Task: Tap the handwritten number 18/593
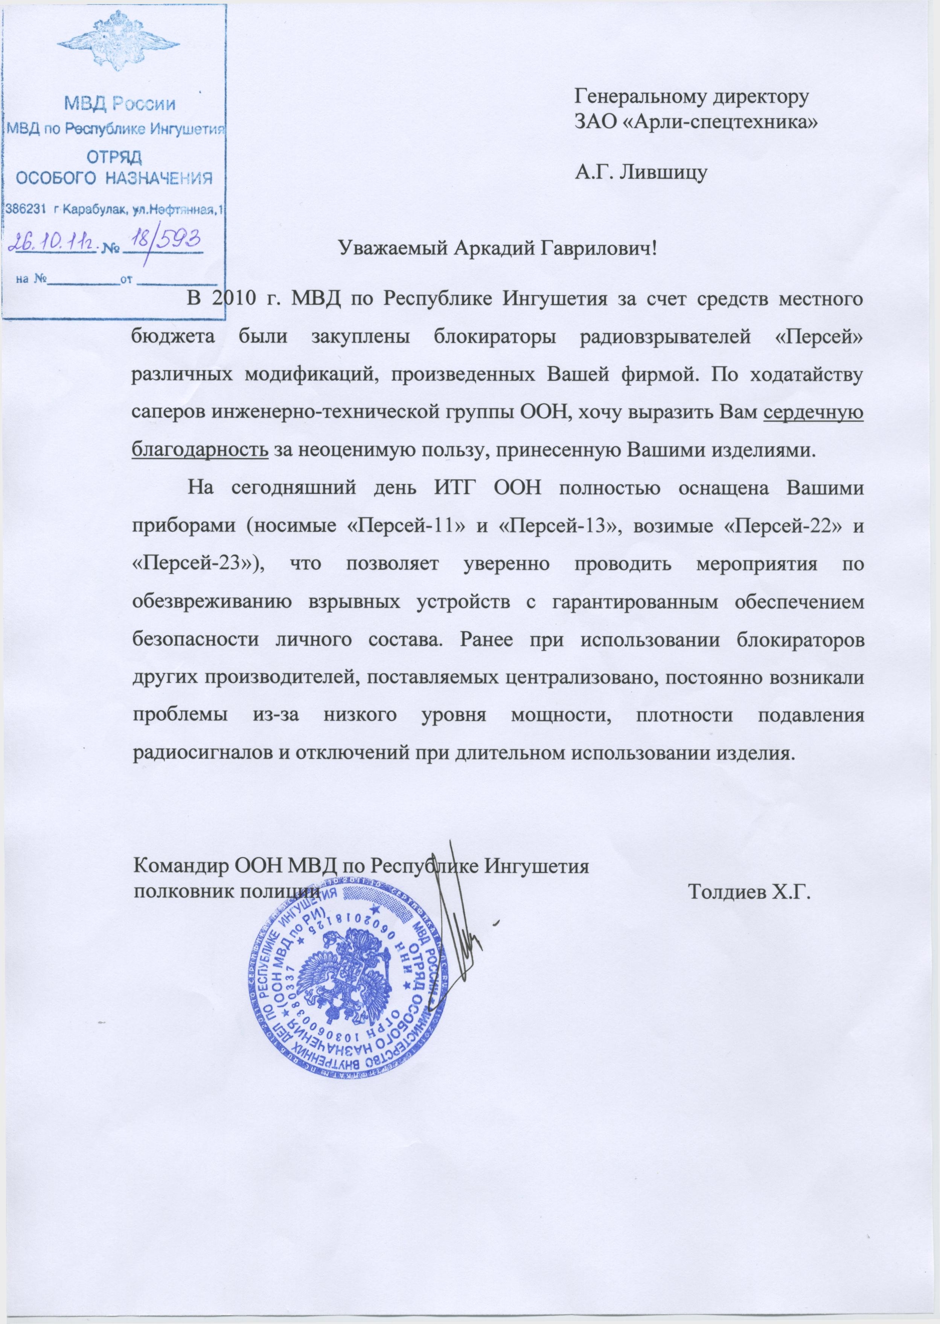164,239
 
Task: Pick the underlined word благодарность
200,450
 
